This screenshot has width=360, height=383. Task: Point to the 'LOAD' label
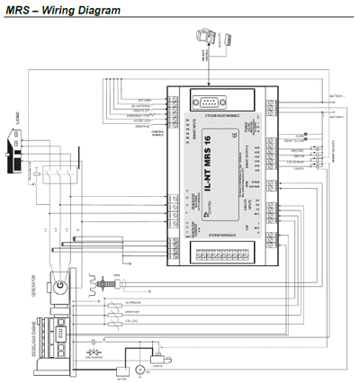point(15,118)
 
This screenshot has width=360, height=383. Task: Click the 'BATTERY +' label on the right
point(337,94)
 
